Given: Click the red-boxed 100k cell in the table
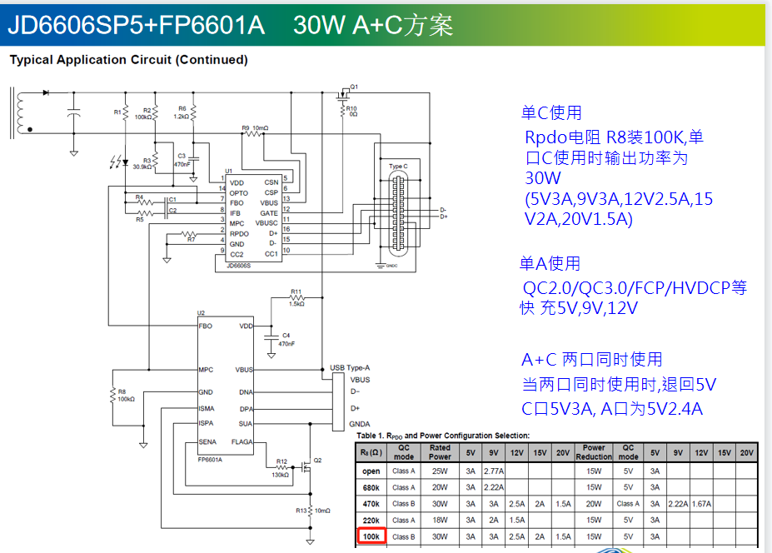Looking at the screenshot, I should [371, 536].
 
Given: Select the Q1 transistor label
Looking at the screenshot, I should [354, 87].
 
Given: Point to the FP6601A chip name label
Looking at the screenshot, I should [210, 459].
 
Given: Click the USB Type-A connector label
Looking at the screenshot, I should [350, 367].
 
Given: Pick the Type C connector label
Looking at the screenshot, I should [398, 167].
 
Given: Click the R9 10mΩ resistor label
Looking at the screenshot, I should [255, 128].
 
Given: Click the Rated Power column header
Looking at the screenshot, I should [440, 452].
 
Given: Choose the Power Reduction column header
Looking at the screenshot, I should [594, 452].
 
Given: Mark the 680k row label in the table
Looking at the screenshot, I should [371, 487].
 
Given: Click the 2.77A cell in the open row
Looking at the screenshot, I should [494, 471].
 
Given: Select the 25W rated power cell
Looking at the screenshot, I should [440, 471].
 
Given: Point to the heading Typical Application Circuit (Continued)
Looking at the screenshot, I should [128, 60].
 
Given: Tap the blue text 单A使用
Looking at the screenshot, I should [550, 264].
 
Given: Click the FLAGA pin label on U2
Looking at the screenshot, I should [242, 442].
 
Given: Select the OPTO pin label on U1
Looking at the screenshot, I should [240, 192].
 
